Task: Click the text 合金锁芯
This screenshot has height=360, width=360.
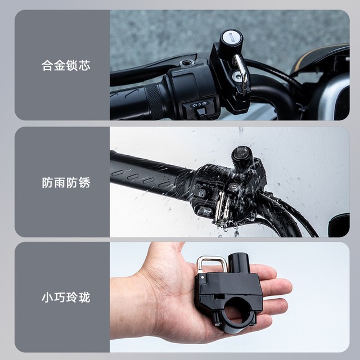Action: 66,65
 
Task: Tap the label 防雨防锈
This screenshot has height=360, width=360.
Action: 66,182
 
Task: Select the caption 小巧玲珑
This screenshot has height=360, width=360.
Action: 66,298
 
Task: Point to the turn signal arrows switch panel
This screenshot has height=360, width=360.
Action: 199,104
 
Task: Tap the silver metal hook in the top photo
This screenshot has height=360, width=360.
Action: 241,69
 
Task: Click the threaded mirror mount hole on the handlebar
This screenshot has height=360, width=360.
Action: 187,62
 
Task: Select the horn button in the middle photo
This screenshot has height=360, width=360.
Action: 204,211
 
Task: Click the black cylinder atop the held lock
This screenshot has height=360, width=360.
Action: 238,263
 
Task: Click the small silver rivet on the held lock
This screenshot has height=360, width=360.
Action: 202,277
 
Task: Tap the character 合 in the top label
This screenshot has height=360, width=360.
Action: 47,65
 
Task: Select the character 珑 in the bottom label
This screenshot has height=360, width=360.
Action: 84,298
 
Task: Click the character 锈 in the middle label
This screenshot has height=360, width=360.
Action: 84,182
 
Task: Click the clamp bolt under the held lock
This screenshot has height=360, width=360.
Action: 216,319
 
